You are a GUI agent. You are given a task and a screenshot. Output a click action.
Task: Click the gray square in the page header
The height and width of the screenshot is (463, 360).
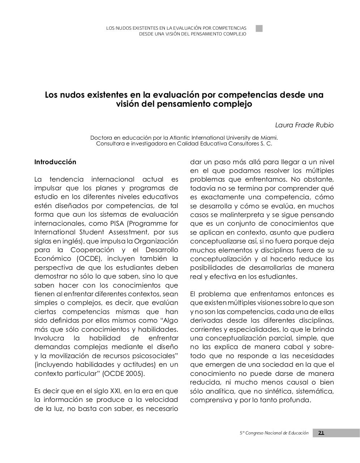click(259, 29)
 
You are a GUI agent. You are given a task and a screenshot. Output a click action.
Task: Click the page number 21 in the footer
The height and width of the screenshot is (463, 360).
click(321, 433)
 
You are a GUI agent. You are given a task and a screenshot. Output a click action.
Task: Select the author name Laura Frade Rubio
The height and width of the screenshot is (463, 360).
click(304, 125)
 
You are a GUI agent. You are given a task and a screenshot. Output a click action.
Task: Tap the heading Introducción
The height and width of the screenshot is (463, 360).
click(55, 162)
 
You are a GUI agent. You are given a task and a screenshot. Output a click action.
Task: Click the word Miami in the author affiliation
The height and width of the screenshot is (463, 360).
click(269, 138)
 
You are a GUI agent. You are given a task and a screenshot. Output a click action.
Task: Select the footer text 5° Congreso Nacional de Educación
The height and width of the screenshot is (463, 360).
click(274, 433)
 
